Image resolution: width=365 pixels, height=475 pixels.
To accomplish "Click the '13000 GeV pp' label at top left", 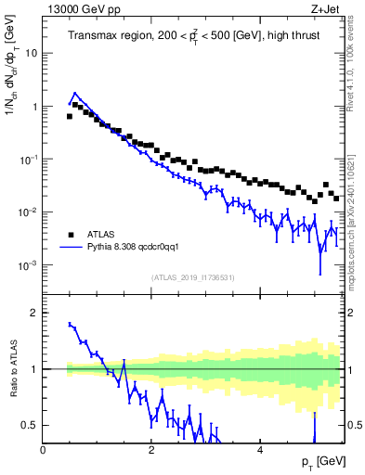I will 80,7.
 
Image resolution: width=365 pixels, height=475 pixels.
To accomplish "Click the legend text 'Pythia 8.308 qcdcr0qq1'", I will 139,247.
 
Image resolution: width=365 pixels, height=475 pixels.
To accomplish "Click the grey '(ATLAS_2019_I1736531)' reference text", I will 192,277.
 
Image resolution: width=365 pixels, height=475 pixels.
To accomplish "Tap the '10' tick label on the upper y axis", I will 32,53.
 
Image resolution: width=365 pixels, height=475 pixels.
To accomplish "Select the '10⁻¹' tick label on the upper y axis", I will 29,160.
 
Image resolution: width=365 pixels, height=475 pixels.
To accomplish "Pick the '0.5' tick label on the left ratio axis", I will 30,425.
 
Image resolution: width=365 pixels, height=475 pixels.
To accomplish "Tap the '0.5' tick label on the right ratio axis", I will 355,425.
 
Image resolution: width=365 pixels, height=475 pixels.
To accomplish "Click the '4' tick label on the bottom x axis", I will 260,450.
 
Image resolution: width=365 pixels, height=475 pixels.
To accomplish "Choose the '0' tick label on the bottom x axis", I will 44,450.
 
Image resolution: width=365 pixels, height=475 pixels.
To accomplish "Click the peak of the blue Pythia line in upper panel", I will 75,94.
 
